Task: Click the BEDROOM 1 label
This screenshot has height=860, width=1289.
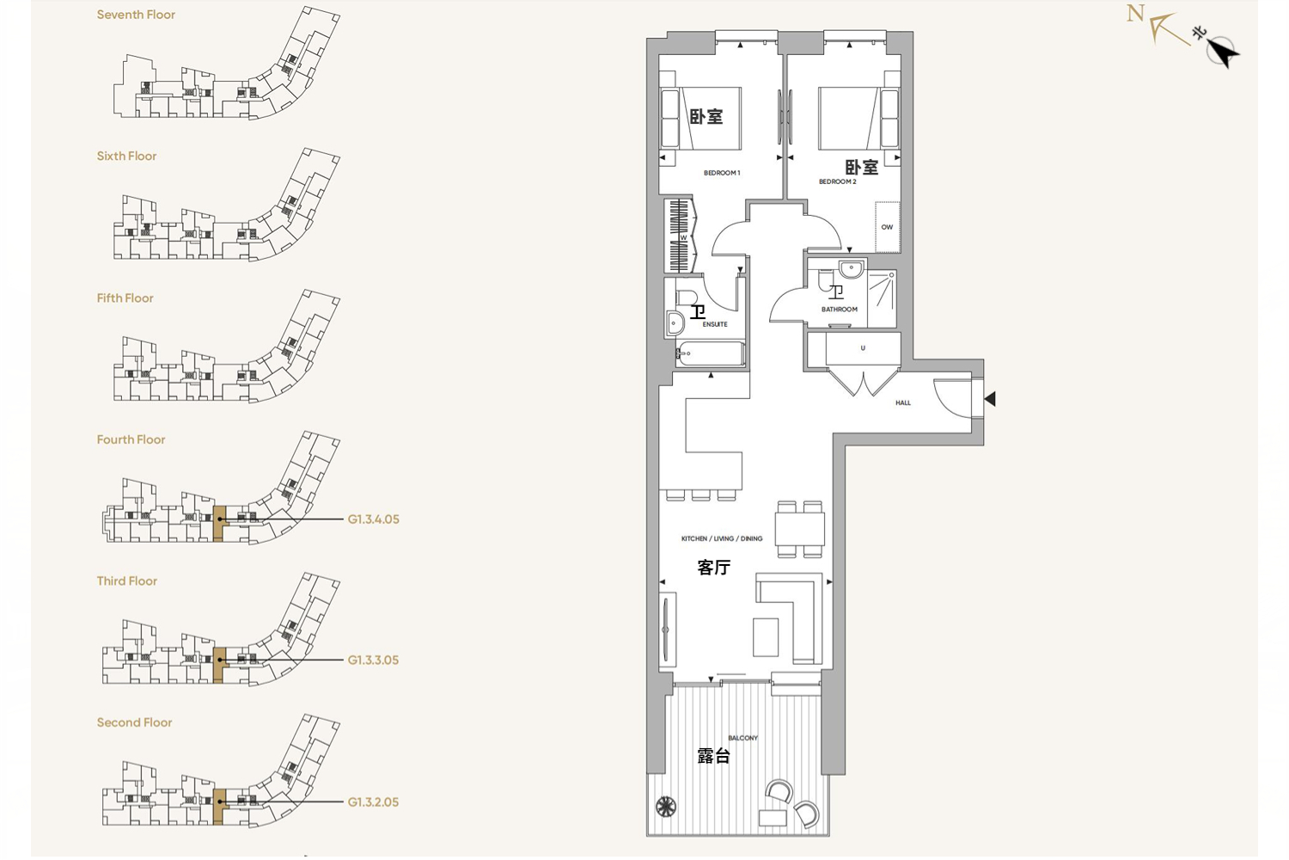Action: point(722,173)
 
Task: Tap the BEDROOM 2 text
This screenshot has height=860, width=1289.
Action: point(837,181)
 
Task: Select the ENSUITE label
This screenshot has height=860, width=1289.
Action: point(715,324)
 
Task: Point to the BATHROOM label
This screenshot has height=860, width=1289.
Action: point(839,310)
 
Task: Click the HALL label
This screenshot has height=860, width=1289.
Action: point(903,402)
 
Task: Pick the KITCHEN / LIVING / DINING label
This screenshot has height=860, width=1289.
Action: point(722,538)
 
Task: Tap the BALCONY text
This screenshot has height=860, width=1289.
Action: point(743,738)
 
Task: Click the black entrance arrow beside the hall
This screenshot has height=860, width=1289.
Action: point(990,398)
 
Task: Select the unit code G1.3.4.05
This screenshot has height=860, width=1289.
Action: point(373,519)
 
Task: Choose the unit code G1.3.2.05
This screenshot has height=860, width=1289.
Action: point(373,802)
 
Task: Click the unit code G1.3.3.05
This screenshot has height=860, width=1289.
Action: point(373,660)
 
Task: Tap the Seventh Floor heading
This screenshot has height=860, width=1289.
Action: point(136,15)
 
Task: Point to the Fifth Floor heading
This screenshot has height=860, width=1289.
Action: point(125,298)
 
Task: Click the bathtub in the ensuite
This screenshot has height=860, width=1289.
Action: point(710,353)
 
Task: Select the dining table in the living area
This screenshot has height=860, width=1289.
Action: point(800,530)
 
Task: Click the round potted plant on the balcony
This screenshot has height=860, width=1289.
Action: point(666,806)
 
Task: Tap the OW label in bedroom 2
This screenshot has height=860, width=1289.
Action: point(887,227)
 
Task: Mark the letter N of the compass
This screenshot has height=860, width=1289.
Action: point(1135,13)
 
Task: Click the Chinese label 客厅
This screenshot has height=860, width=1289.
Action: point(713,568)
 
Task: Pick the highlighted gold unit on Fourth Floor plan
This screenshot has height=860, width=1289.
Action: point(218,523)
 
